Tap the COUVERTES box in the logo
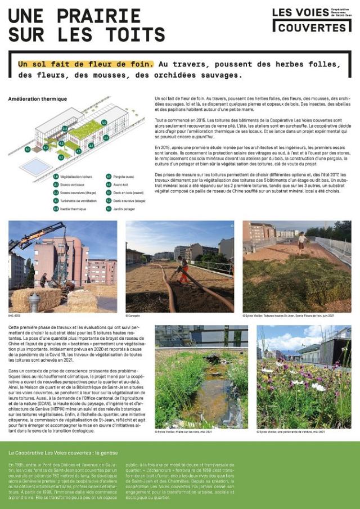(312, 27)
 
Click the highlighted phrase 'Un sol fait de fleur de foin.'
(85, 64)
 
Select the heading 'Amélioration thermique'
(38, 98)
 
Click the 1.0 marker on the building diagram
(104, 122)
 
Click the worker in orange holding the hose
(183, 269)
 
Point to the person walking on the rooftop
(302, 242)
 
